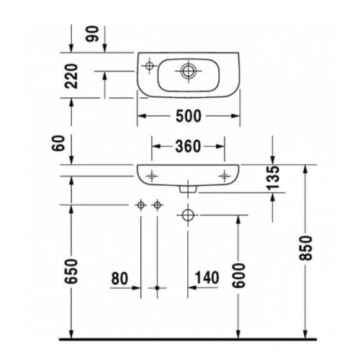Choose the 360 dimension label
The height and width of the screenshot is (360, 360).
click(188, 146)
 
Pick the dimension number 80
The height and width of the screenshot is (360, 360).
click(121, 277)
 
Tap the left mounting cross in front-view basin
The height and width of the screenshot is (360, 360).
click(152, 174)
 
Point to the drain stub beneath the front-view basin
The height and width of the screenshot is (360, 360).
click(188, 189)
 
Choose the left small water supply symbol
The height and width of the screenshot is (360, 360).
click(140, 207)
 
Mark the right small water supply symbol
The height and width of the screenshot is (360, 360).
click(156, 207)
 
